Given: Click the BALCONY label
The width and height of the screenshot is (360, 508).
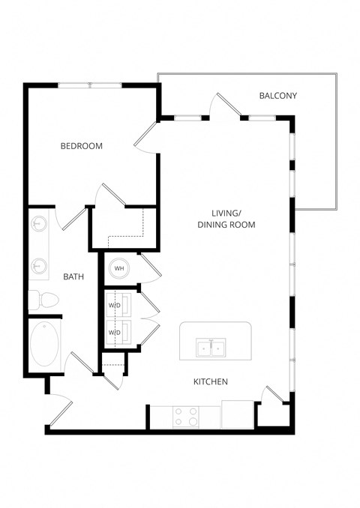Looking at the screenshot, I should (278, 95).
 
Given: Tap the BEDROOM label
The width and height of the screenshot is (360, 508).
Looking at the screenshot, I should (82, 146).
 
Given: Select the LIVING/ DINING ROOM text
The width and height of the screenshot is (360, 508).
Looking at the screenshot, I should (226, 218).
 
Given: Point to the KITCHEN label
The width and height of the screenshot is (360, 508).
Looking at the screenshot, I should (211, 382).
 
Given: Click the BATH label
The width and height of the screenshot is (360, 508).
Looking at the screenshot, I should (73, 276).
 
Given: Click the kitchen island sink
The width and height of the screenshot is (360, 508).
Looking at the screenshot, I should (211, 348).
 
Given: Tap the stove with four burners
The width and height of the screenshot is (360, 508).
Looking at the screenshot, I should (185, 416).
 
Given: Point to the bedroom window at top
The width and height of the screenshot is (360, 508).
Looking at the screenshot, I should (91, 85).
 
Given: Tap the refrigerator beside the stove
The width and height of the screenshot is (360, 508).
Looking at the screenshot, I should (238, 415).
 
